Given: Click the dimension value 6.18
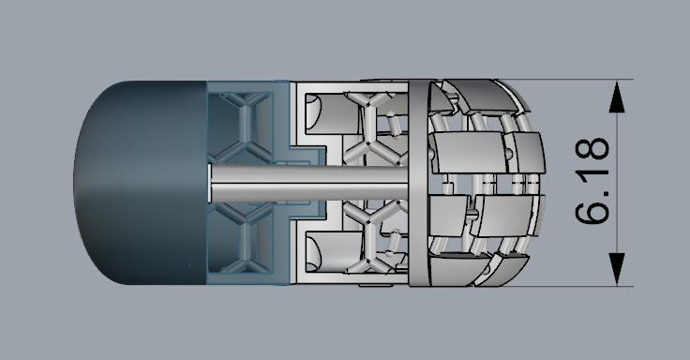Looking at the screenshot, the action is [592, 181].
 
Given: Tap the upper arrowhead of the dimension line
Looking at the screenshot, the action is [617, 97].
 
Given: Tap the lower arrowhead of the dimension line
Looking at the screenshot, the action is [617, 269].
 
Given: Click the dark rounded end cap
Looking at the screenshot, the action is [140, 182].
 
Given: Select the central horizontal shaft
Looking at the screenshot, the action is [309, 183].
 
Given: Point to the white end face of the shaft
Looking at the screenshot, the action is [210, 183].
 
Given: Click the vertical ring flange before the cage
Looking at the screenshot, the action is [418, 183].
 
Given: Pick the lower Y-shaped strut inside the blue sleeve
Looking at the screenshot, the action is [246, 240].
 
